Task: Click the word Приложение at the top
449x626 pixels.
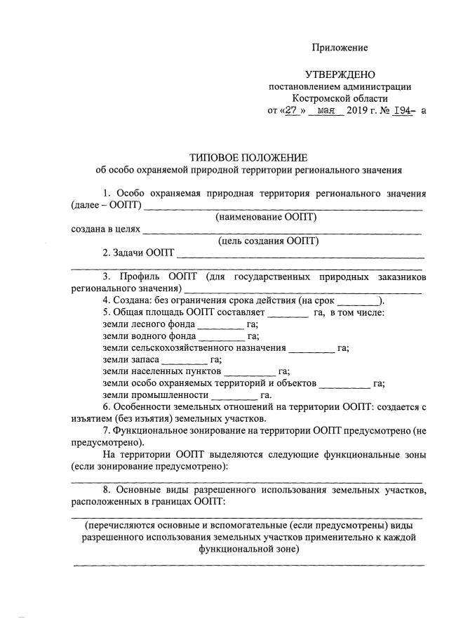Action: point(340,48)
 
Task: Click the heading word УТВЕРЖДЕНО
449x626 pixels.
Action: point(340,74)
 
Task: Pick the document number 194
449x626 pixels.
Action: point(401,111)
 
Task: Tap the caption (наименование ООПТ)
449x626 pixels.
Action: point(266,217)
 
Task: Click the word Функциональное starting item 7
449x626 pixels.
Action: point(152,432)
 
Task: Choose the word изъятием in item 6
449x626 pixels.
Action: point(92,420)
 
